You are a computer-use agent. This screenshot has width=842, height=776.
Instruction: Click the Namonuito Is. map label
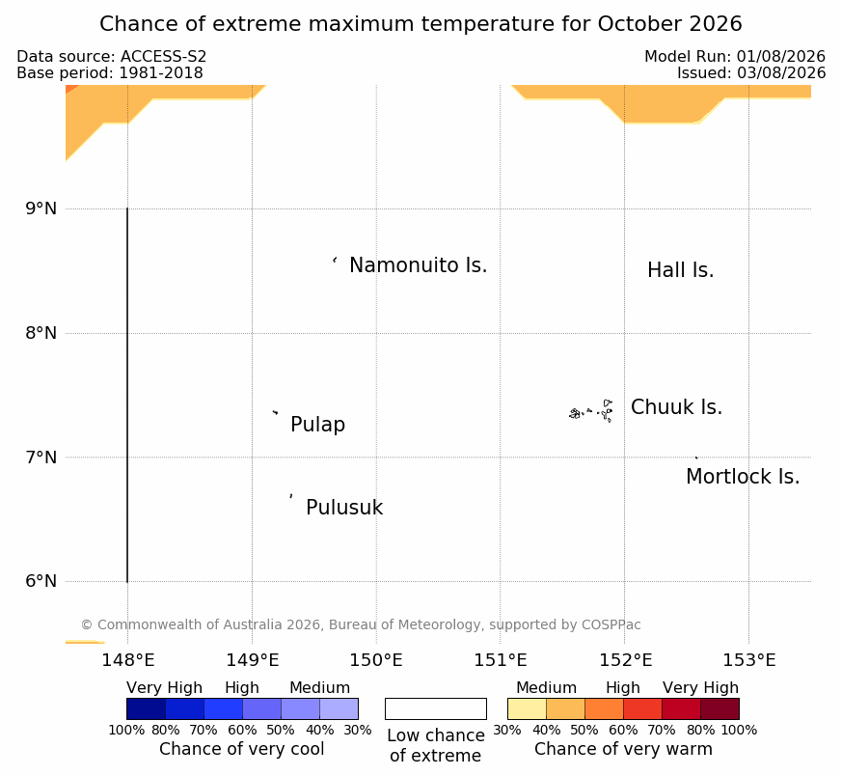tap(418, 264)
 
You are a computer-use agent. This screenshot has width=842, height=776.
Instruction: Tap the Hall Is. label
tap(680, 270)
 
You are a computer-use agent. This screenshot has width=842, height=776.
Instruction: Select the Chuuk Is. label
tap(676, 406)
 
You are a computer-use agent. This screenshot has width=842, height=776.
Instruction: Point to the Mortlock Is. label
tap(743, 476)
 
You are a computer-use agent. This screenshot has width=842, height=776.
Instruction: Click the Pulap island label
tap(317, 425)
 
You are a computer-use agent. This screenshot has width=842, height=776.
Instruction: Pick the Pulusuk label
tap(344, 508)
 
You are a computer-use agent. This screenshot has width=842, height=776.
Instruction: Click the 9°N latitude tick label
tap(41, 208)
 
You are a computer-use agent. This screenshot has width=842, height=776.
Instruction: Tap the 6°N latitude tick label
tap(41, 581)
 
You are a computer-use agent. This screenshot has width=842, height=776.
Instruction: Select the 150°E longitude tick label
tap(376, 660)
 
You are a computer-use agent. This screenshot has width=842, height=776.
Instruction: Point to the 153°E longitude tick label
tap(749, 660)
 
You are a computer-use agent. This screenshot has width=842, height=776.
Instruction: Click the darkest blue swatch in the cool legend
tap(146, 708)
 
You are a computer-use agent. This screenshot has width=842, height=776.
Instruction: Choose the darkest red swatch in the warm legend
tap(720, 708)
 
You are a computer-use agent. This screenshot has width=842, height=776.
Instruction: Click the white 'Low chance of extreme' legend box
tap(436, 708)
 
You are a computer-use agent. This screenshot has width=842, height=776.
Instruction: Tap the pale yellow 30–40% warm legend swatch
tap(527, 708)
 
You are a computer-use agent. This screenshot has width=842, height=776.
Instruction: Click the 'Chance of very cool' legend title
tap(242, 749)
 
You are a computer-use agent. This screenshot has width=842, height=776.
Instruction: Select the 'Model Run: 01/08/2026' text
tap(735, 56)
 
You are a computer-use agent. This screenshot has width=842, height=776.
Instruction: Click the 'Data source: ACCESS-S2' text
tap(112, 56)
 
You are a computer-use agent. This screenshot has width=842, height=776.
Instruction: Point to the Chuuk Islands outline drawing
tap(591, 411)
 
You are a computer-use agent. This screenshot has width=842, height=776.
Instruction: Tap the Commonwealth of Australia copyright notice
tap(361, 624)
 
